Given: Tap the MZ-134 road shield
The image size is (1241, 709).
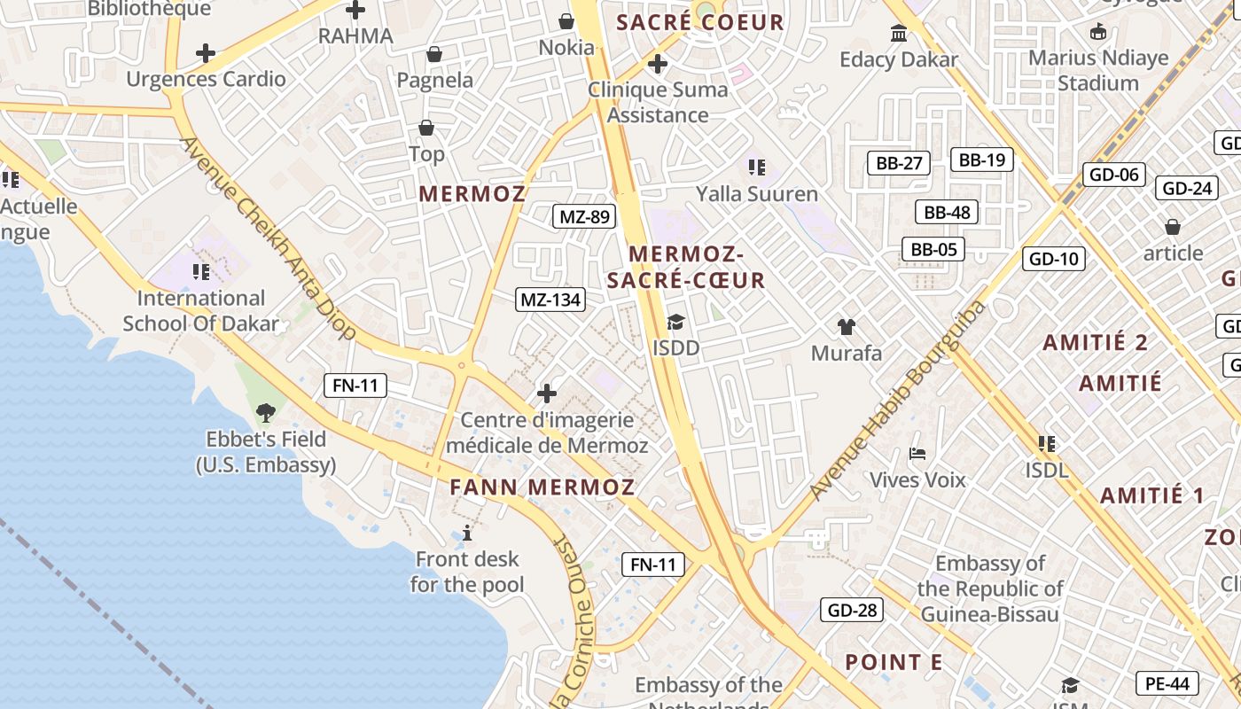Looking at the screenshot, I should point(550,300).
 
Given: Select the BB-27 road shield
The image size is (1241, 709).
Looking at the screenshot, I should point(899,162).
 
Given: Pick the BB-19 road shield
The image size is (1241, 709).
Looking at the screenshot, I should point(981,160).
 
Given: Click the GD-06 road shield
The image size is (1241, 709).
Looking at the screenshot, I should point(1114,175).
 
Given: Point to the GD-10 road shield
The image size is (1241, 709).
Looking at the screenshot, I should point(1054,259).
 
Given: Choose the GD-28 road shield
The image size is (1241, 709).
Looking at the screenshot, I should point(853,610).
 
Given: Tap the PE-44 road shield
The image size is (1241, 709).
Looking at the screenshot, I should point(1167,683).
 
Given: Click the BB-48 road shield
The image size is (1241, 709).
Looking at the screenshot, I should point(948,212).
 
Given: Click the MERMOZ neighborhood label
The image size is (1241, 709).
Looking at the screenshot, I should point(472,193).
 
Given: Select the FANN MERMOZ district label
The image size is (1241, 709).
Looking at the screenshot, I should point(542,487).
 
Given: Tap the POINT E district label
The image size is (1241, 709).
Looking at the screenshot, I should point(894,662).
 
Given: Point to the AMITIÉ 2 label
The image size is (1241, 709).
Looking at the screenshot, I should point(1096,342).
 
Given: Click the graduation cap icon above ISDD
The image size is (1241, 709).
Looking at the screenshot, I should point(676,323).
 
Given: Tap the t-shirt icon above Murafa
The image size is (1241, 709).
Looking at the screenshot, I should point(847,327).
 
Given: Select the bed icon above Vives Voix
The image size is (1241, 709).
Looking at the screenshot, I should point(917,454).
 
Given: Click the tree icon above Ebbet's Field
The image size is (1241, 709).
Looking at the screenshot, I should point(265,412).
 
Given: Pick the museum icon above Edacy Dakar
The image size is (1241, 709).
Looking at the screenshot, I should point(899,34).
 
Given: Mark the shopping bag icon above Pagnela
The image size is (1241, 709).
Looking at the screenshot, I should point(434,55).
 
